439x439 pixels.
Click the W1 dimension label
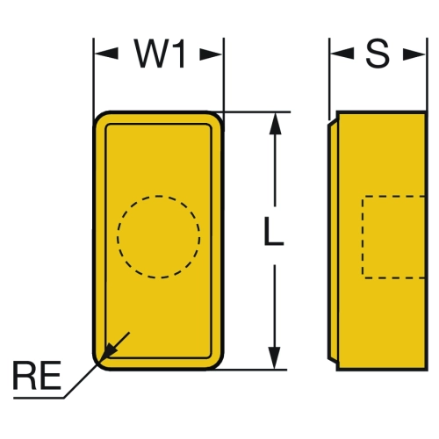pos(160,54)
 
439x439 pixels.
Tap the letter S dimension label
pos(378,54)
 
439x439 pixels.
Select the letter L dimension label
pos(274,231)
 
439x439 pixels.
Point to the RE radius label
pos(37,376)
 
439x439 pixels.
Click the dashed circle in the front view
pos(159,196)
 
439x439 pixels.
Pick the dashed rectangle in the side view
pos(363,237)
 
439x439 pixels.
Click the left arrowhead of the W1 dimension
pos(106,54)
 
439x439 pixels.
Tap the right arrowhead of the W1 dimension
pos(211,54)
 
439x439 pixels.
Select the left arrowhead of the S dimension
pos(342,54)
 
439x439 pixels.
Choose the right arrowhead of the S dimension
pos(414,54)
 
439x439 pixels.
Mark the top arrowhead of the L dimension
pos(275,124)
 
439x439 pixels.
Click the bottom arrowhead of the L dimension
pos(275,358)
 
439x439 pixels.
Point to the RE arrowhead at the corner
pos(108,352)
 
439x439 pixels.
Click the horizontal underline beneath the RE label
pos(39,398)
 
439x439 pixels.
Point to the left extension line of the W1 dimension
pos(94,77)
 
